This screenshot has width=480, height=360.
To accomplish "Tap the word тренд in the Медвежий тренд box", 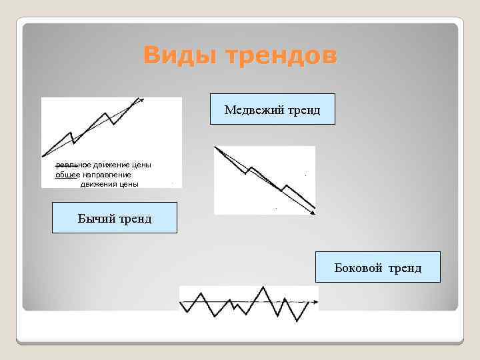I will (x=304, y=110).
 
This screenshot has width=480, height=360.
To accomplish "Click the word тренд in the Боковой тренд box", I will (x=406, y=268).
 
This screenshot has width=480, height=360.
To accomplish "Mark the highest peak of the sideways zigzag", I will (x=264, y=287).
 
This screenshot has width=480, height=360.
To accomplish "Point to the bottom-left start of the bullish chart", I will (x=43, y=156).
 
